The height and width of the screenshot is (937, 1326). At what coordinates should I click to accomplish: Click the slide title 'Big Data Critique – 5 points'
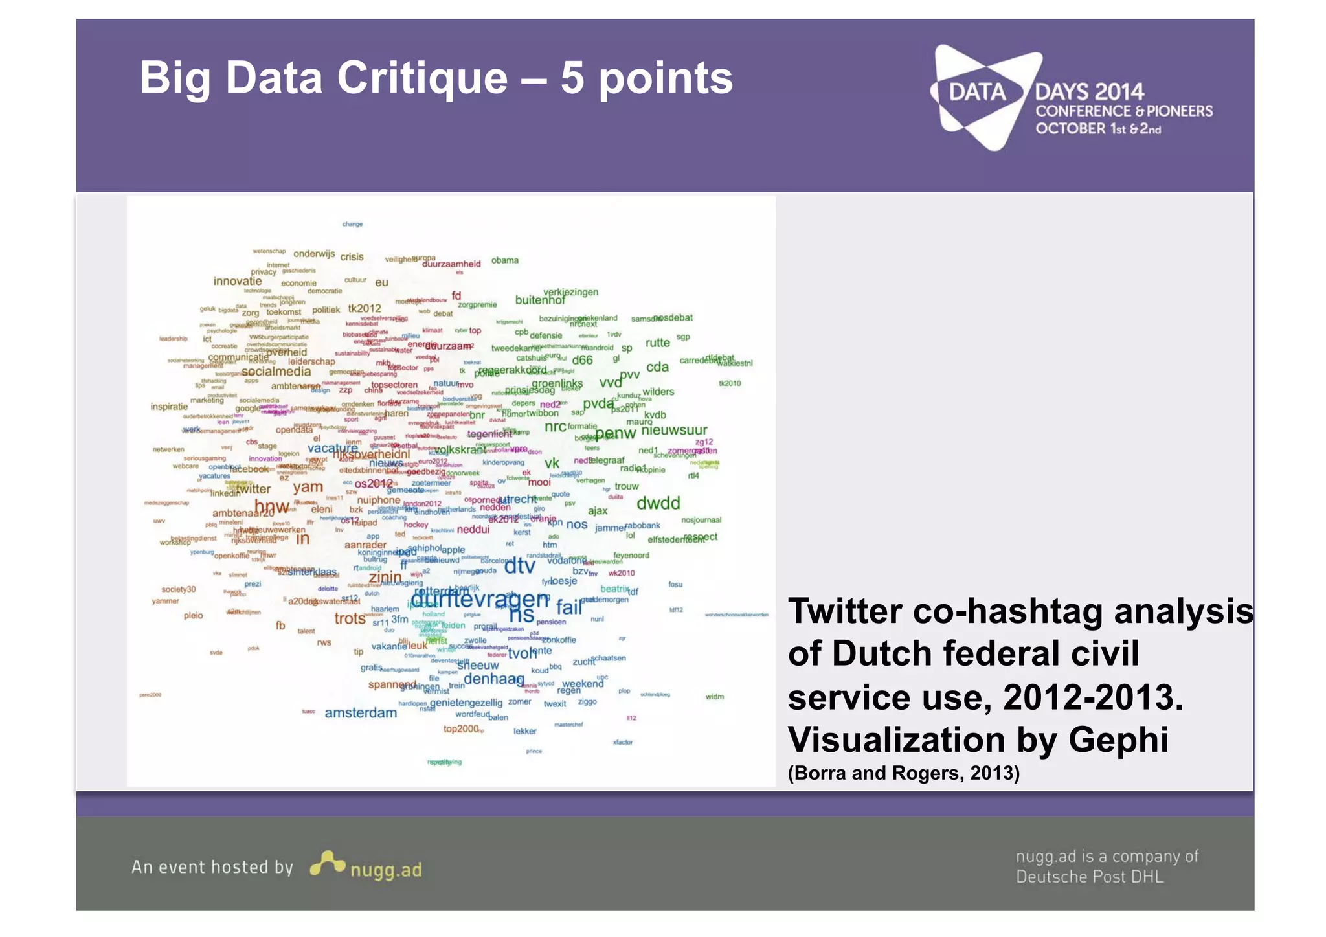point(436,78)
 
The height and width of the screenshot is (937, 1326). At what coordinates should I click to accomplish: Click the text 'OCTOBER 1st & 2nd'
point(1097,129)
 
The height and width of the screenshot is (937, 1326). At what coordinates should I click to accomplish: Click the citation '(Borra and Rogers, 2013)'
point(903,773)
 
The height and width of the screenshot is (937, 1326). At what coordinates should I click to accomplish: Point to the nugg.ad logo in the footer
point(366,866)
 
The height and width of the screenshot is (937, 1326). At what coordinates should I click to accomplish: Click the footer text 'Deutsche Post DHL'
point(1089,877)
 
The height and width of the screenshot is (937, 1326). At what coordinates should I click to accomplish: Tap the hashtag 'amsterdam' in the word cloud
point(361,713)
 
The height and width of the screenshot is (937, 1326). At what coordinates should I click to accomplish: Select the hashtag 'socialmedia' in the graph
point(276,372)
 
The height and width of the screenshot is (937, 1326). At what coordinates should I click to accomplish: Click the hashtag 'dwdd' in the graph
point(658,503)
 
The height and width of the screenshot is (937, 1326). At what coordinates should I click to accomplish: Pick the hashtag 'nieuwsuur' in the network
point(674,430)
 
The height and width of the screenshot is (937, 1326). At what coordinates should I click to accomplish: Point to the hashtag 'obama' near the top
point(504,260)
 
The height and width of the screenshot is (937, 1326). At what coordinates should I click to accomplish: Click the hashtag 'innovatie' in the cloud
point(238,281)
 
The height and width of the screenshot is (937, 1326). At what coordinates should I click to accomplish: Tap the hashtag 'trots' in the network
point(350,618)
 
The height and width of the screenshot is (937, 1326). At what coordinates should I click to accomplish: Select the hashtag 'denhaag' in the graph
point(493,679)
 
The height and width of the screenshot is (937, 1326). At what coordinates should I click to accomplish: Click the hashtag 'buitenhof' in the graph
point(540,300)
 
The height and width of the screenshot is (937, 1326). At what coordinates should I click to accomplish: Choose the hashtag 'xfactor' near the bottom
point(622,742)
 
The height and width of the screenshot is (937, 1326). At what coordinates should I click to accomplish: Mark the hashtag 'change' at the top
point(352,225)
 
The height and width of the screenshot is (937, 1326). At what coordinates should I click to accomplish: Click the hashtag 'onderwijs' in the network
point(314,254)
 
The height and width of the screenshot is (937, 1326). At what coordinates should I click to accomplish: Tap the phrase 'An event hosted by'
point(212,867)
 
